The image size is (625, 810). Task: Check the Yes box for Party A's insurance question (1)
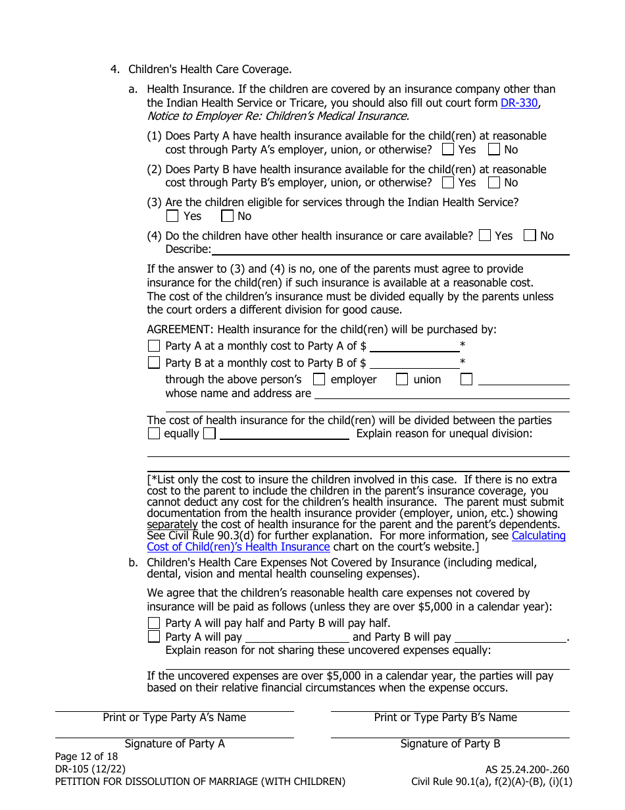pos(448,149)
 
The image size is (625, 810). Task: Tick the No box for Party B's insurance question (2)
pos(494,182)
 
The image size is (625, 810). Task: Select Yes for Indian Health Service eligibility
pos(172,216)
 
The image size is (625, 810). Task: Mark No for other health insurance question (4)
pos(530,236)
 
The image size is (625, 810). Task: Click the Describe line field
pos(390,250)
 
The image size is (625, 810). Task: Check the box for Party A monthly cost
pos(154,346)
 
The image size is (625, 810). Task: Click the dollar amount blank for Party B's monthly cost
pos(414,363)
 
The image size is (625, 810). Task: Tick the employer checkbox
pos(319,379)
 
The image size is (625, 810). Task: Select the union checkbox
pos(402,379)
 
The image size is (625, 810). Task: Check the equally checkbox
pos(154,433)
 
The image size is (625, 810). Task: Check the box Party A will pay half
pos(154,623)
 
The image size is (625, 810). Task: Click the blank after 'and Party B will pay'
pos(511,637)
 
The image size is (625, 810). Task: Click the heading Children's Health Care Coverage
pos(209,69)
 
